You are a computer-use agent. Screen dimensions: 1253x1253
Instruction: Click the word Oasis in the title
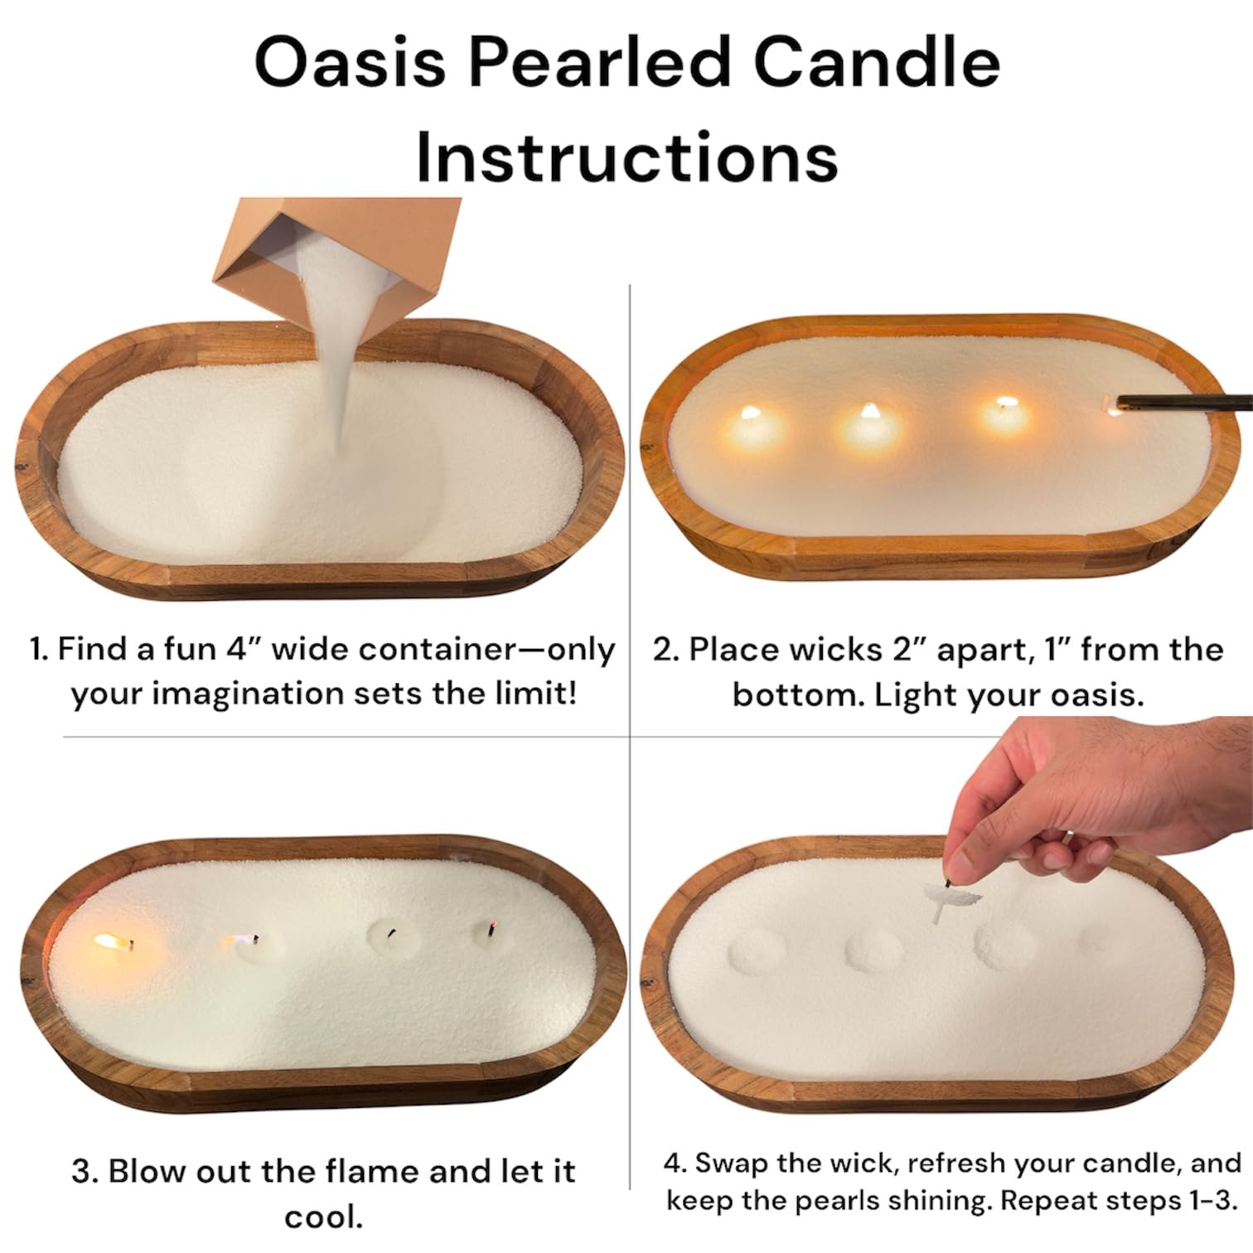(349, 64)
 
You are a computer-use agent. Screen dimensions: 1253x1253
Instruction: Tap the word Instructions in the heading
(626, 157)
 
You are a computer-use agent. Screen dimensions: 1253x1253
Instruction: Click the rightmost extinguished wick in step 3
(491, 930)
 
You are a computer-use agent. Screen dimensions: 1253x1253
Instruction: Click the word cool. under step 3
(323, 1217)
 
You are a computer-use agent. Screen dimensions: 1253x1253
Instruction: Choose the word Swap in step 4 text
(729, 1163)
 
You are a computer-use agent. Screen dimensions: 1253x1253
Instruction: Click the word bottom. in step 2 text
(796, 694)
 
